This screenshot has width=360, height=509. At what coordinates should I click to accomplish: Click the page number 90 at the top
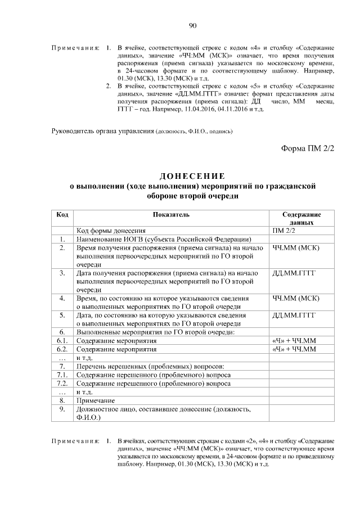pyautogui.click(x=192, y=25)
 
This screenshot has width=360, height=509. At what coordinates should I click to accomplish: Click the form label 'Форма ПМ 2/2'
pyautogui.click(x=307, y=148)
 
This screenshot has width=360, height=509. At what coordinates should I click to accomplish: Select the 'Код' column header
pyautogui.click(x=63, y=215)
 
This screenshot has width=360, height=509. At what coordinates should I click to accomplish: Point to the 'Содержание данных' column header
pyautogui.click(x=301, y=219)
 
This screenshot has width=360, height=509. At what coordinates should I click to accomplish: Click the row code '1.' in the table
pyautogui.click(x=63, y=239)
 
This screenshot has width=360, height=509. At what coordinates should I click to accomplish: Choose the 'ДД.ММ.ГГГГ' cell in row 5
pyautogui.click(x=294, y=315)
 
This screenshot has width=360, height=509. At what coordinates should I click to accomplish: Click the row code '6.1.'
pyautogui.click(x=62, y=341)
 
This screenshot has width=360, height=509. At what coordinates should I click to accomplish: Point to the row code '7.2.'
pyautogui.click(x=62, y=383)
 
